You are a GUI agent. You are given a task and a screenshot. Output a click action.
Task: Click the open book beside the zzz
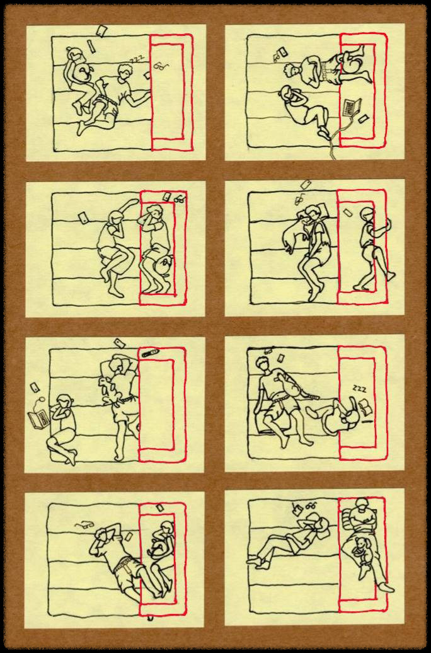(x=365, y=406)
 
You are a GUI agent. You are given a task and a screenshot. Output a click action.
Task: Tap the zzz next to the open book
(x=359, y=389)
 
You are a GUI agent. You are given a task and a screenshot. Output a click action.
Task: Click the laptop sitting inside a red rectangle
(x=351, y=107)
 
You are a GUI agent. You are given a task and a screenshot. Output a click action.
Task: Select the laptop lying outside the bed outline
(x=38, y=419)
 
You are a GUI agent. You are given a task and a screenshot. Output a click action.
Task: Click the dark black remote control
(x=150, y=353)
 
